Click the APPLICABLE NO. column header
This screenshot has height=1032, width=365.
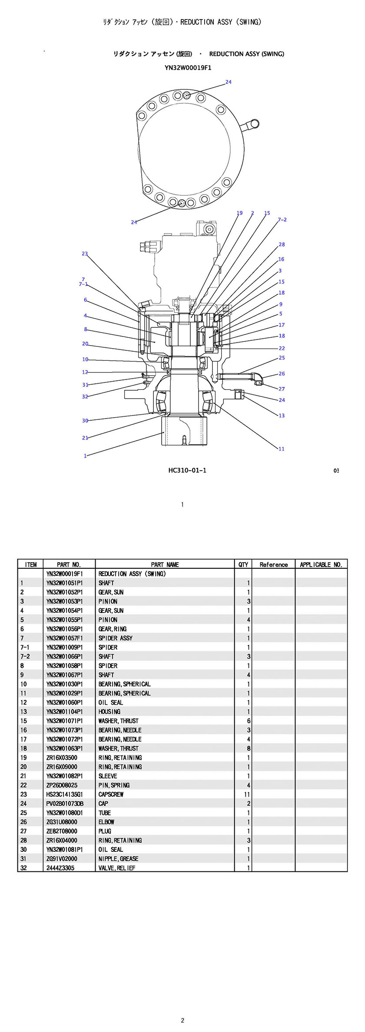(321, 564)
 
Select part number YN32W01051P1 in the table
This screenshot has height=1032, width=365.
(64, 583)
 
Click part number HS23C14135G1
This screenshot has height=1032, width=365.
(64, 794)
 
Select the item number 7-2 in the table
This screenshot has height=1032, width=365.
(25, 656)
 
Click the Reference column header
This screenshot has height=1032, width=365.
(274, 564)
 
